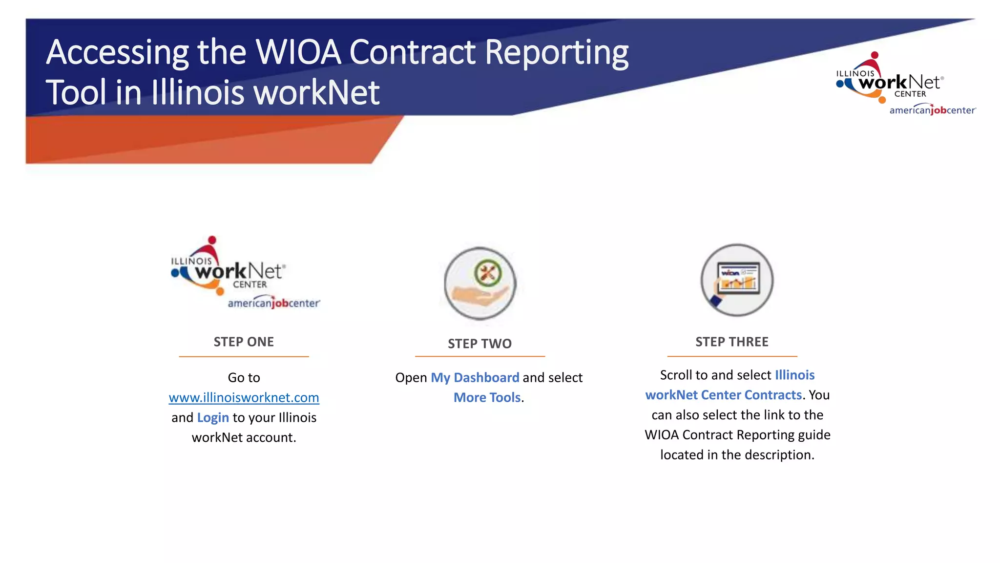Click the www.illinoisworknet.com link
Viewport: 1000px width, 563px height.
tap(244, 397)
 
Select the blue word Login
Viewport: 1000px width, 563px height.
tap(213, 417)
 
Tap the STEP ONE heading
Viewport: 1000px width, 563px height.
tap(244, 342)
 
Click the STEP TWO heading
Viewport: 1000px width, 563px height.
tap(479, 344)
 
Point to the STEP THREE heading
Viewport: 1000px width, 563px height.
tap(731, 342)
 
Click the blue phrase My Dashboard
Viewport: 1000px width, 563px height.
tap(475, 377)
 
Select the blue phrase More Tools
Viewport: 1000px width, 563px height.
tap(487, 397)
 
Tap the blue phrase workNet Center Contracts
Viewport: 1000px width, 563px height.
tap(723, 395)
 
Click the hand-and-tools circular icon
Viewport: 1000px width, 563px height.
tap(480, 283)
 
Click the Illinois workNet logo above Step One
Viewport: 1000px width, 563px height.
tap(244, 274)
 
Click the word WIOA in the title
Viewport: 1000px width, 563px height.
tap(298, 52)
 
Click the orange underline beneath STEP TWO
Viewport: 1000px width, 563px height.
tap(479, 356)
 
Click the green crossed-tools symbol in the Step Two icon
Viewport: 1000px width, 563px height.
tap(487, 272)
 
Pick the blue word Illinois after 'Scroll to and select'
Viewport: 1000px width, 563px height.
tap(794, 375)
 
